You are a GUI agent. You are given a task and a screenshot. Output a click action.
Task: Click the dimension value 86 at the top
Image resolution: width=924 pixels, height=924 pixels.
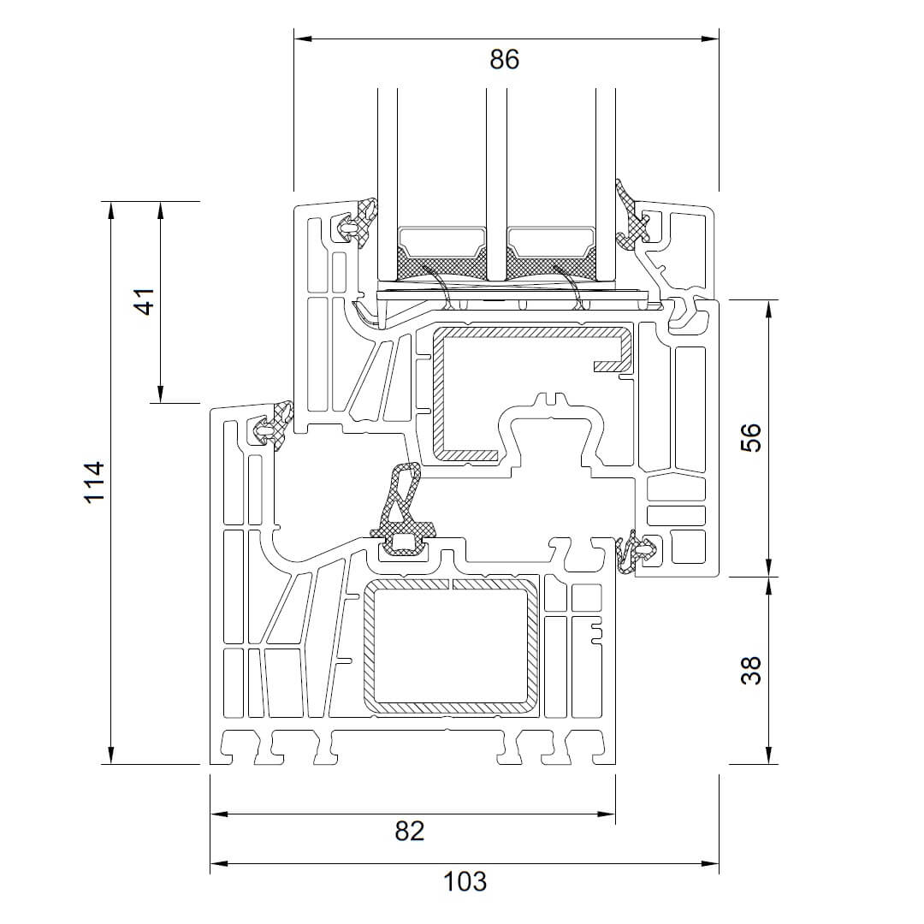(x=505, y=59)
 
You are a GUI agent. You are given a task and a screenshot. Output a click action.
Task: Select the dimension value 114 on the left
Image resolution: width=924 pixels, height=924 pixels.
(x=94, y=482)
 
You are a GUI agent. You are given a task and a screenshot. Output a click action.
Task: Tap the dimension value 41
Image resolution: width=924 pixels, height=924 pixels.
(x=145, y=301)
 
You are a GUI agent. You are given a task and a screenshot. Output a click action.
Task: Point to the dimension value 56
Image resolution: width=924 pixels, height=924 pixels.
(x=750, y=438)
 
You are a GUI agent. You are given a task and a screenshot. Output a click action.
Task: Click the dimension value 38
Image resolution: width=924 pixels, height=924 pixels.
(x=750, y=670)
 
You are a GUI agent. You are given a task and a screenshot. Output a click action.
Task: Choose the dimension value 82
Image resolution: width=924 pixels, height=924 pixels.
(x=410, y=829)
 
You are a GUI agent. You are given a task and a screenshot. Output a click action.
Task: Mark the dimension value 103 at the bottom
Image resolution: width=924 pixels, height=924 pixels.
(x=465, y=880)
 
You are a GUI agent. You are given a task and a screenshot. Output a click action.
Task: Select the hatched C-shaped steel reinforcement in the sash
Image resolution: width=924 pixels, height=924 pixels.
(x=439, y=394)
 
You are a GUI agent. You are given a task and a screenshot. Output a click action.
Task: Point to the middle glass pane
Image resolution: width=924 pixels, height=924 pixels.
(x=496, y=171)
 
